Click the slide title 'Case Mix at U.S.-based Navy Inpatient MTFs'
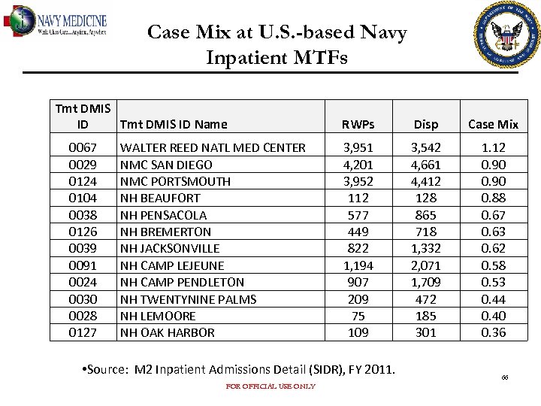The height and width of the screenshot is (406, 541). [277, 44]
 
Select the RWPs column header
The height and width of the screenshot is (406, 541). [358, 125]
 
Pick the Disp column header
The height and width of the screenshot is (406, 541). [427, 125]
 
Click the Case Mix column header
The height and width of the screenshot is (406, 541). [493, 125]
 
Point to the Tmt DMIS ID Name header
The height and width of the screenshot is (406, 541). [174, 125]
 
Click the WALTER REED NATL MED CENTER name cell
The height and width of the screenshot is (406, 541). [213, 148]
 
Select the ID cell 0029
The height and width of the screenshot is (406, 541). [83, 165]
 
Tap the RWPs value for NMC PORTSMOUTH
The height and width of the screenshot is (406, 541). [358, 181]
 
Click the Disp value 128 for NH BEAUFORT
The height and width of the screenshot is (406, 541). [427, 198]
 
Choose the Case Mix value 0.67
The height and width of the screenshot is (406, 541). [493, 215]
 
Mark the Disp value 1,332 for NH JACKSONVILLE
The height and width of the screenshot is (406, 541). [427, 249]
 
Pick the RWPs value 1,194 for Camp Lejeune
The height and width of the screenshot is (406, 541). [358, 265]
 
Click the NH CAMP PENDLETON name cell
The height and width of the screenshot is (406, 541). [182, 282]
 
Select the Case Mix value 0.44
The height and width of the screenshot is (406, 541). [493, 299]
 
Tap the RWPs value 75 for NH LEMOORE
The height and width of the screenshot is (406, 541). [358, 316]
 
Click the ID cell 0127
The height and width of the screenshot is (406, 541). [83, 332]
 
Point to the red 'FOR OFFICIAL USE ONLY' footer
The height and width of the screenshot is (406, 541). [270, 386]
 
